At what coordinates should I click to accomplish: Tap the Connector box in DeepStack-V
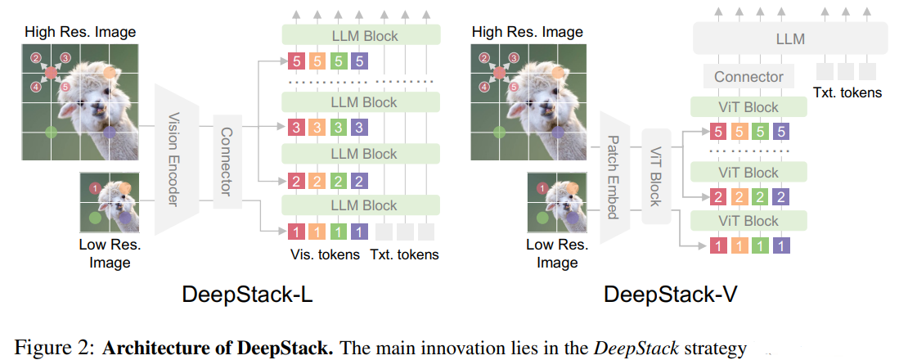(748, 77)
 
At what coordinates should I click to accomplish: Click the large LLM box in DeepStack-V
(789, 38)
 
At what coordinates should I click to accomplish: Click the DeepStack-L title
(247, 295)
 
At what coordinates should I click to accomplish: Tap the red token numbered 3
(296, 128)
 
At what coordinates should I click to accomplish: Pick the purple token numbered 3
(359, 128)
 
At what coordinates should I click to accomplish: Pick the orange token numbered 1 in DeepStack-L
(317, 232)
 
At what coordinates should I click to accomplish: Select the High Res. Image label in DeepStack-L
(80, 32)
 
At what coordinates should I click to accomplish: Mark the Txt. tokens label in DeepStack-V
(847, 92)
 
